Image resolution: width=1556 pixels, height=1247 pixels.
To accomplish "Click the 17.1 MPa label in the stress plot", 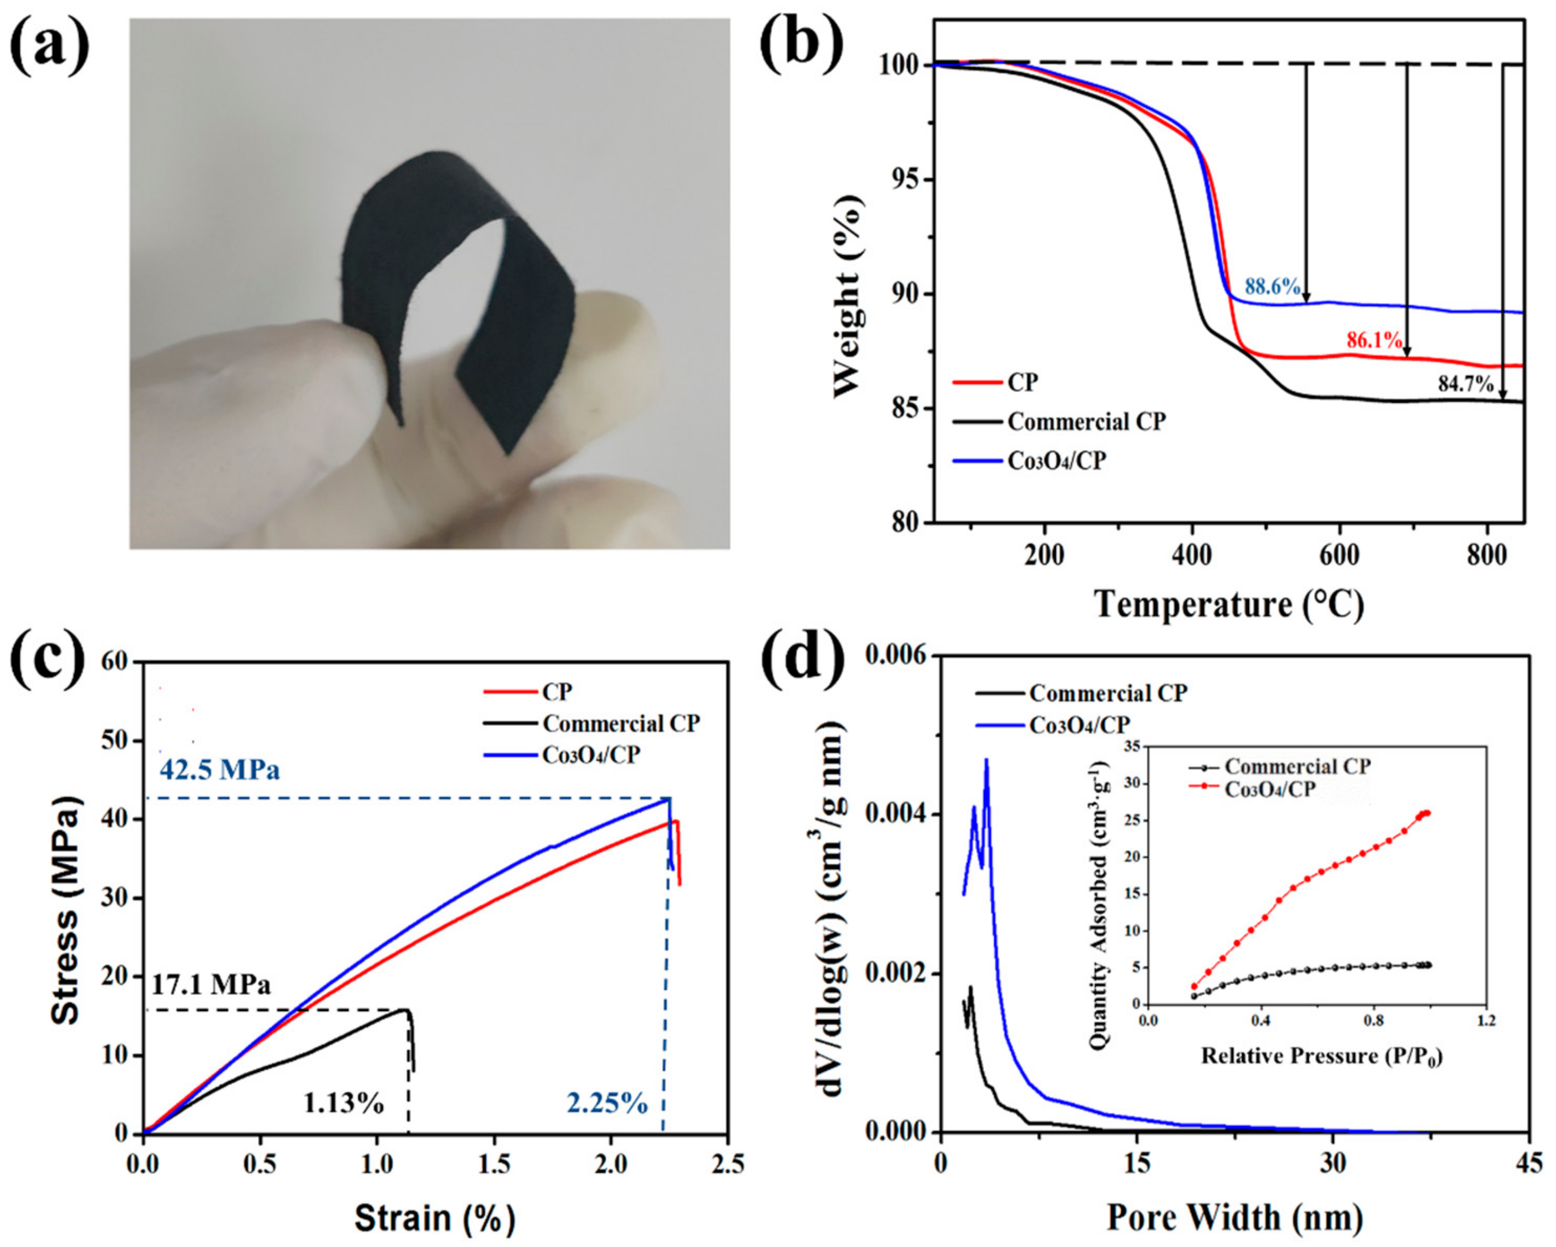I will tap(211, 985).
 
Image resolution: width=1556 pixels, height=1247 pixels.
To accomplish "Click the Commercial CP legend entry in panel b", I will tap(1086, 421).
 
